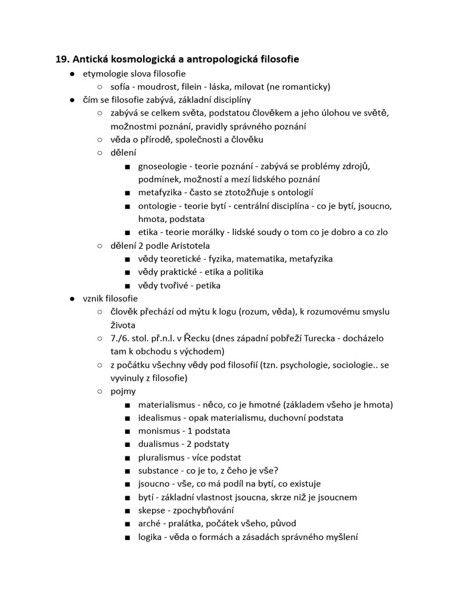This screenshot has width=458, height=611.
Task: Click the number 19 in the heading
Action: point(62,59)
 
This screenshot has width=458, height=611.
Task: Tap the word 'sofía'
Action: point(122,87)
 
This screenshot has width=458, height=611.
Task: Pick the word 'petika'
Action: point(207,285)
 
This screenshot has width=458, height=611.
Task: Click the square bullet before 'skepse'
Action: point(128,511)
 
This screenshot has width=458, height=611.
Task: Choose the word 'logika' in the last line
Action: point(150,537)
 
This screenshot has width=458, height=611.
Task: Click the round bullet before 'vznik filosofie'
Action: point(72,298)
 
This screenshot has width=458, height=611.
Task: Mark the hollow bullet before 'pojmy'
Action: point(100,391)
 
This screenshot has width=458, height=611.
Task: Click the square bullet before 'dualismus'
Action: point(128,445)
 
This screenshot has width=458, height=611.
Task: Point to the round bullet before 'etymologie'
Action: point(72,73)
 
